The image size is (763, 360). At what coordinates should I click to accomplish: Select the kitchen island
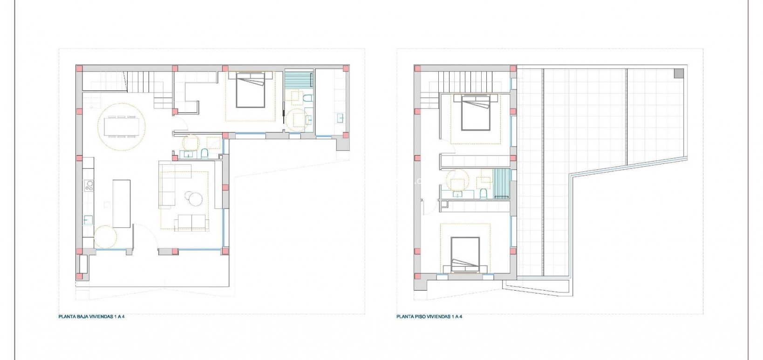pos(121,203)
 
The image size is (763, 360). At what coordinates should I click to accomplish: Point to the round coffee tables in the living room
pos(194,198)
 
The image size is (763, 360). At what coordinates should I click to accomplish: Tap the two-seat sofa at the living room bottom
pos(191,223)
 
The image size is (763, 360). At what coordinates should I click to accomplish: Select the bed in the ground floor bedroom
pos(251,89)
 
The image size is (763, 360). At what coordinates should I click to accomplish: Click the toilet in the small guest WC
pos(204,153)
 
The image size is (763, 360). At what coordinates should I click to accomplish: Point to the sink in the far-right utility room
pos(341,117)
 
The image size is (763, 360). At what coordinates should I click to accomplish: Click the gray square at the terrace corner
pos(679,73)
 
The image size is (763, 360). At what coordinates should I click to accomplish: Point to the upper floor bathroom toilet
pos(483,193)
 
